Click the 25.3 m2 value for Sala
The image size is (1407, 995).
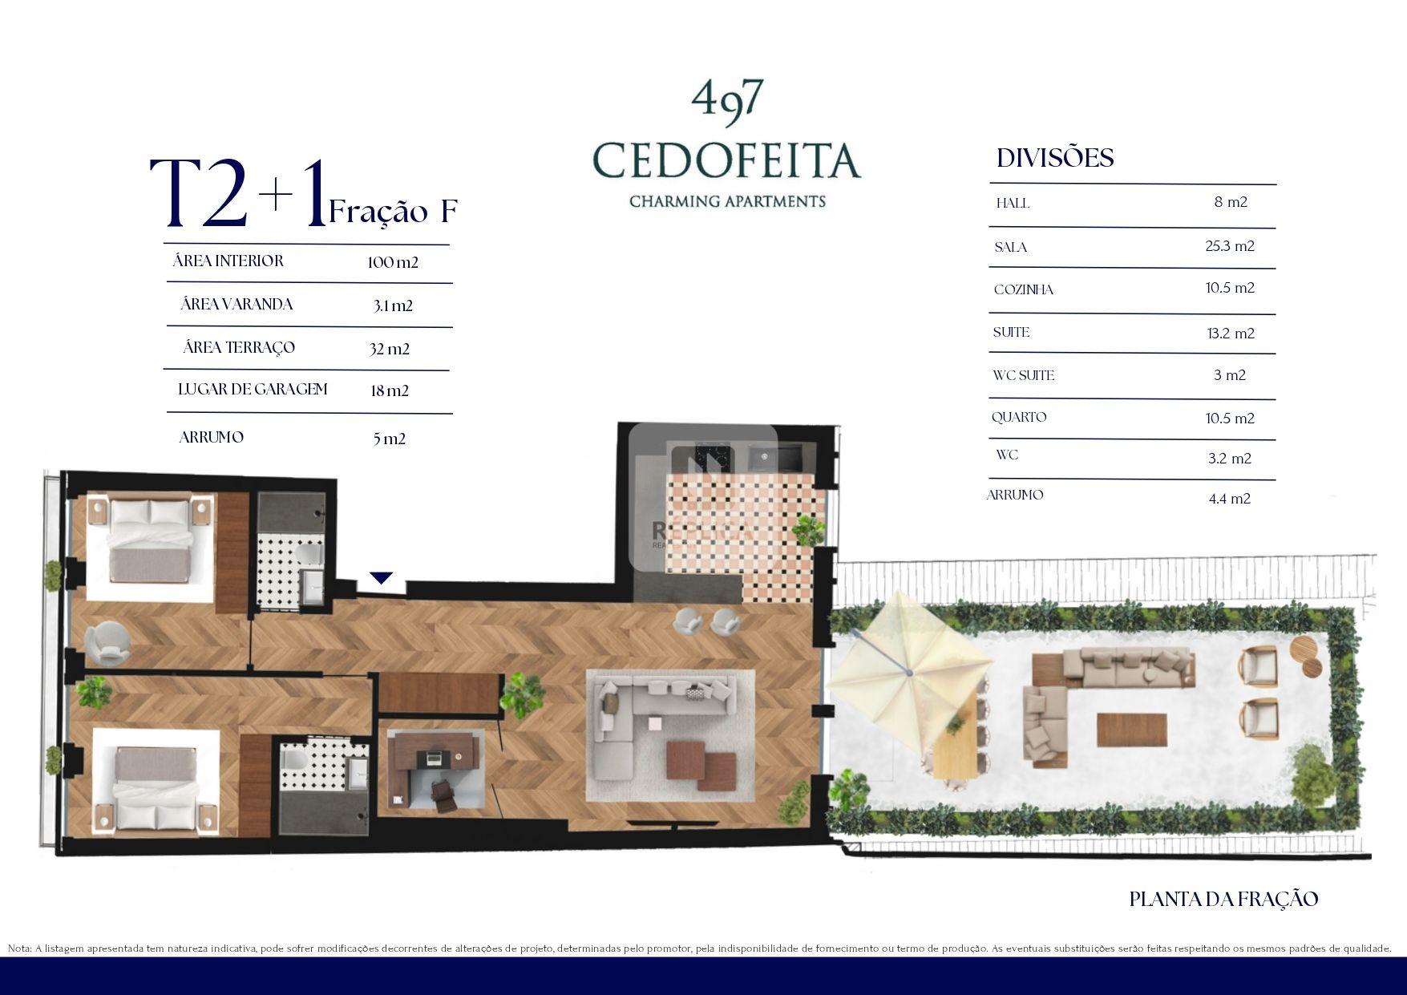(x=1230, y=246)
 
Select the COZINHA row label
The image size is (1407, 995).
(x=1024, y=289)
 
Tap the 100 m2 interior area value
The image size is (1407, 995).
(x=393, y=262)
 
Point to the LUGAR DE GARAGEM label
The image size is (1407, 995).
(x=253, y=390)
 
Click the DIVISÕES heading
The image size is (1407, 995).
(x=1055, y=157)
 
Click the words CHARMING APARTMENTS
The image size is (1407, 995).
(x=727, y=201)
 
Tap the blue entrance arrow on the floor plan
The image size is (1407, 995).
(x=382, y=578)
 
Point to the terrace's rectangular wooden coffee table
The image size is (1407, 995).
(x=1131, y=730)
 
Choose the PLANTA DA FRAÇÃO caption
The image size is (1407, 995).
(x=1223, y=900)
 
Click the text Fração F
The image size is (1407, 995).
(x=393, y=211)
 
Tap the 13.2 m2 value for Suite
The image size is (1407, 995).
(x=1231, y=334)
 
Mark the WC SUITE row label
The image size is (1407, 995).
(x=1023, y=375)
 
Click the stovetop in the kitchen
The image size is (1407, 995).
(x=710, y=459)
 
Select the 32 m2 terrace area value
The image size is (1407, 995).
(x=390, y=349)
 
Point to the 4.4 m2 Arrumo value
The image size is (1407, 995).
(x=1230, y=499)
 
